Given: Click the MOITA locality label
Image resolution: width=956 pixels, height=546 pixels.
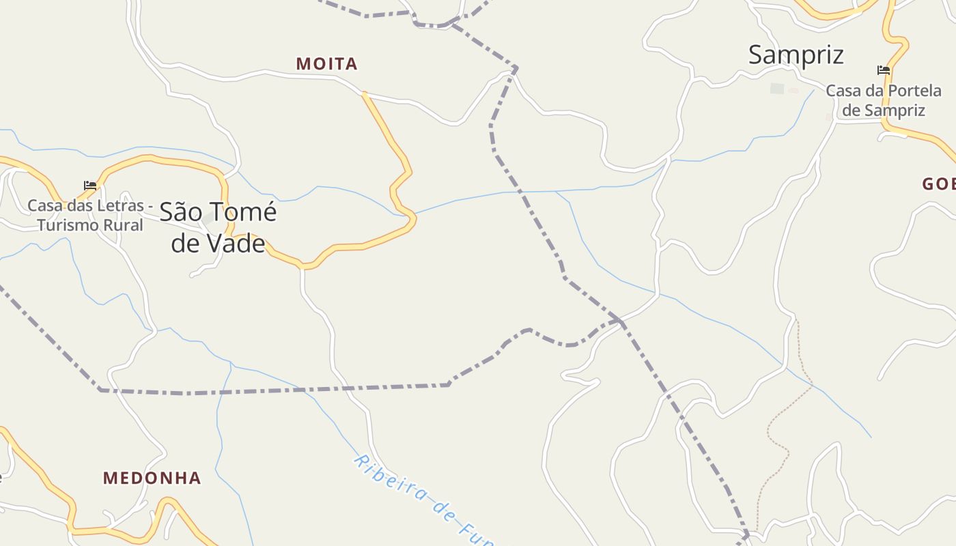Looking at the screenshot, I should pos(326,64).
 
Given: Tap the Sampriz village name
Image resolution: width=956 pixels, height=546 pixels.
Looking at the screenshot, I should pos(796,55).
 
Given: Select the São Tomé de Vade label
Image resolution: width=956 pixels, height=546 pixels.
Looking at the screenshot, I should pos(218,227).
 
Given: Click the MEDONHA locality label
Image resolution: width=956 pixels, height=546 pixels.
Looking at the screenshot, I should pos(152,478).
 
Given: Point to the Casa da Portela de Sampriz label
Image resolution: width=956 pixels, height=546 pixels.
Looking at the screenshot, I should pos(883,100).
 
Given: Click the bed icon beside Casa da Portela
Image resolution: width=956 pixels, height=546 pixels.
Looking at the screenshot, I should pos(883,70).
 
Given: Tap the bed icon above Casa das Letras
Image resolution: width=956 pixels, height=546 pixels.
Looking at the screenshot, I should pos(90,185).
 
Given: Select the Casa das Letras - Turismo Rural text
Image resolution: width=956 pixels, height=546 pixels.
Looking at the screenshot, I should pos(89,215).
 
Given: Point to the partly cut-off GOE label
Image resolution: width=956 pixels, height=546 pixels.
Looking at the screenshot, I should pos(938,184).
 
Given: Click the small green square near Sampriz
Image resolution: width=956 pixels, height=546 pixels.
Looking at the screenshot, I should pos(777,88).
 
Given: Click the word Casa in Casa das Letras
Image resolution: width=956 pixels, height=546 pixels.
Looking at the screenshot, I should pos(44,205).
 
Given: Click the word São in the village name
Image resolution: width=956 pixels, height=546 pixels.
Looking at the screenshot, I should pos(181,212).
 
